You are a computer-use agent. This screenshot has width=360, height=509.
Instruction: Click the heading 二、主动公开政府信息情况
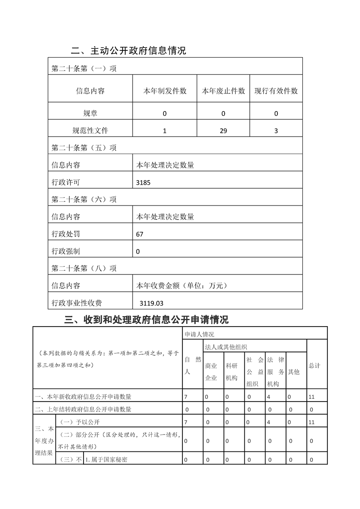coord(128,50)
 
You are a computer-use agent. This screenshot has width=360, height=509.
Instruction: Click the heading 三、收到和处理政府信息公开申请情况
coord(147,320)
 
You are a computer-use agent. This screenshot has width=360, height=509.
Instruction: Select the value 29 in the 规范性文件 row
coord(223,131)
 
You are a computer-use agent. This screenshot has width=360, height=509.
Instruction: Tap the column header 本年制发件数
coord(165,91)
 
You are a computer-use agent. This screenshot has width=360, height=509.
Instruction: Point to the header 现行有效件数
coord(276,91)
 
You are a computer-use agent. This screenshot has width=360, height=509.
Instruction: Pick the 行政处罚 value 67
coord(139,234)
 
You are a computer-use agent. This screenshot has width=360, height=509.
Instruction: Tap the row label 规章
coord(90,113)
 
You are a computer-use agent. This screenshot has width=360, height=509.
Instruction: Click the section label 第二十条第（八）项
coord(84,268)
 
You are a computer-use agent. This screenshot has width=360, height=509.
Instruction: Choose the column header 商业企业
coord(211,372)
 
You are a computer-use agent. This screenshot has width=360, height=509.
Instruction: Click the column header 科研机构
coord(232,372)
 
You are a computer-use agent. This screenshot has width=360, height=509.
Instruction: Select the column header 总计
coord(314,366)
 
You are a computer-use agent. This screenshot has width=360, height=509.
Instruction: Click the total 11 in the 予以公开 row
coord(311,422)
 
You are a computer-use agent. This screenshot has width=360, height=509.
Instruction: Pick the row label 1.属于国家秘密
coord(107,460)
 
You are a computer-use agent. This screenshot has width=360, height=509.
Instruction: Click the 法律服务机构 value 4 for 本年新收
coord(270,397)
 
